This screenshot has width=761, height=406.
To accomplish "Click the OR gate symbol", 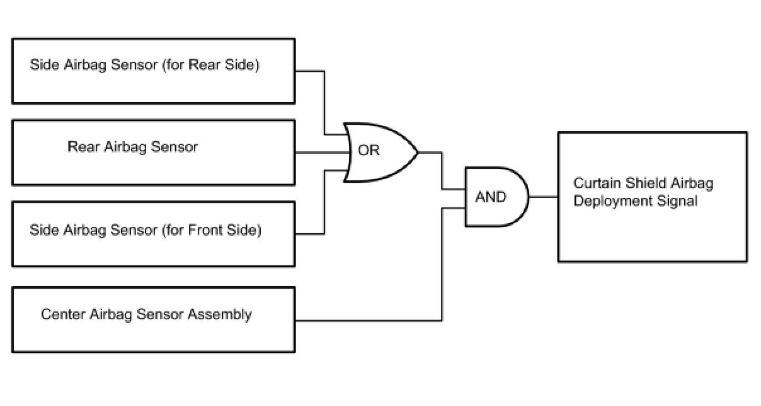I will (378, 152).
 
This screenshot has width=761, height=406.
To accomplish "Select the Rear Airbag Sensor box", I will (153, 153).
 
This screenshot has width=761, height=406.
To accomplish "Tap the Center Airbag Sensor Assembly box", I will (153, 320).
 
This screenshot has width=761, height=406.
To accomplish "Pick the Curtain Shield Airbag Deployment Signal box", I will (652, 197).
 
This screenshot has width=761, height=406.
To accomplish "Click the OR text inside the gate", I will (369, 152).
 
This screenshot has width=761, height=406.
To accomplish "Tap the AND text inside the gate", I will (491, 197).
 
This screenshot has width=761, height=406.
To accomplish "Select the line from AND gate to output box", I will (543, 197).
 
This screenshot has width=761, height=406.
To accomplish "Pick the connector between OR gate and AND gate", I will (442, 170).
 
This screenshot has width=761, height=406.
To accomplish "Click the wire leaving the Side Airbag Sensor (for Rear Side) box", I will (324, 101).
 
